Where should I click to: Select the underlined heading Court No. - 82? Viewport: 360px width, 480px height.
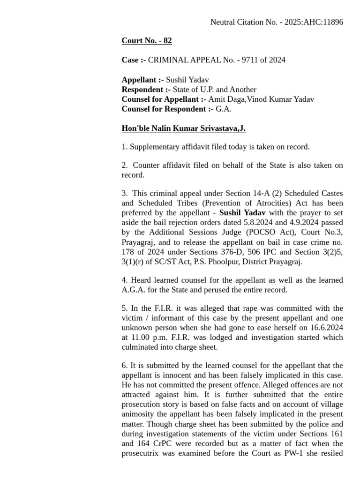tap(147, 41)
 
